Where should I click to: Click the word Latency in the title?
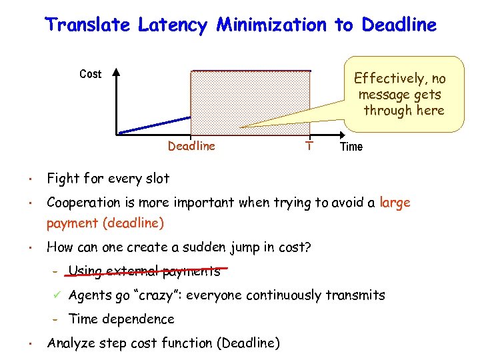(174, 25)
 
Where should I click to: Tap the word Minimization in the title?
(272, 25)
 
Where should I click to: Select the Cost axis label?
(90, 74)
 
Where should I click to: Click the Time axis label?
(351, 147)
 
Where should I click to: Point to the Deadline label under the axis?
(191, 146)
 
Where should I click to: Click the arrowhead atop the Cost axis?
(116, 72)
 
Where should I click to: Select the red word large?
(395, 202)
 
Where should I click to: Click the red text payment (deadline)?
(105, 223)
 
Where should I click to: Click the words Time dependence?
(121, 319)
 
